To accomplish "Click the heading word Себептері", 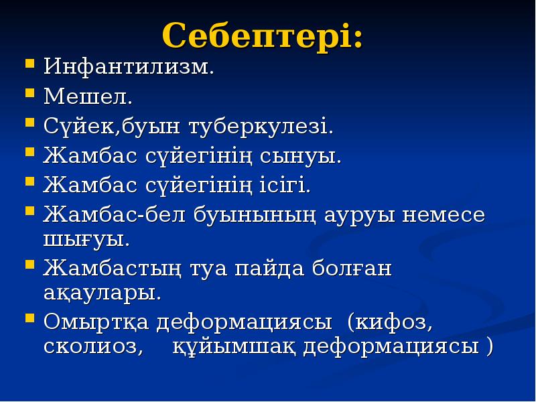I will click(263, 36).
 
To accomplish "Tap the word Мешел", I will click(88, 97).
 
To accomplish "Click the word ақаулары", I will click(103, 293).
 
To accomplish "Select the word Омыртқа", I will click(97, 323).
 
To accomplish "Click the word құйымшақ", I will click(234, 347).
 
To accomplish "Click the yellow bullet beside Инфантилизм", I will click(29, 66).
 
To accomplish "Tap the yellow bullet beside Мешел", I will click(29, 94).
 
